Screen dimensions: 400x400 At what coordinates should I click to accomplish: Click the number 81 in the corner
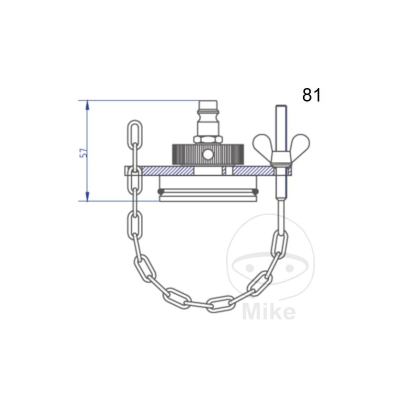click(311, 95)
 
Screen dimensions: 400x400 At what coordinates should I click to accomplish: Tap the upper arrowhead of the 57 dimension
click(87, 105)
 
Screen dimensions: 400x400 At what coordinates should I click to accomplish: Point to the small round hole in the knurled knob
click(207, 155)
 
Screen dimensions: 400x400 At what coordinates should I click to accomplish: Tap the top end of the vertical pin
click(280, 107)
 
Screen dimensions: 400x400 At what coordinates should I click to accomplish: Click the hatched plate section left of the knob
click(155, 171)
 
